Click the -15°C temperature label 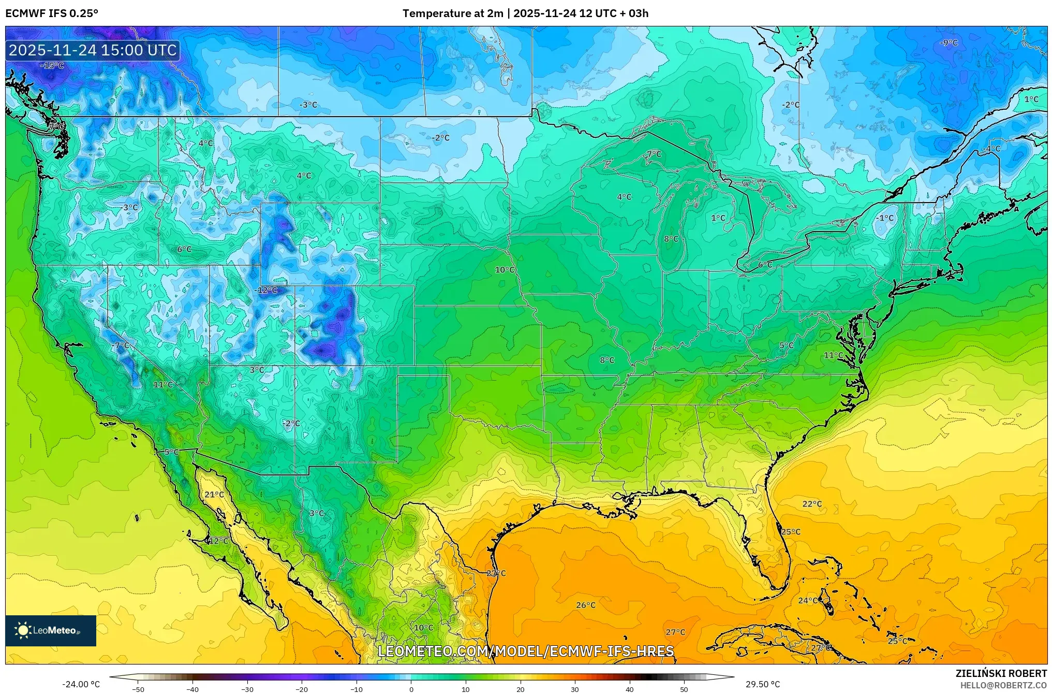coord(52,66)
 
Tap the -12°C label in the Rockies coord(266,290)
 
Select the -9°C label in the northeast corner coord(949,43)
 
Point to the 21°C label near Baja coord(214,495)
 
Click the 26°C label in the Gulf coord(586,605)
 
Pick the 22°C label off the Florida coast coord(812,504)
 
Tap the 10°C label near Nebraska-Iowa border coord(505,270)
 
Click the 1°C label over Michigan coord(718,218)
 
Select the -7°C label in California coord(121,345)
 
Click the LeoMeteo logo coord(51,630)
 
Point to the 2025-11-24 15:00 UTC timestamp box coord(93,50)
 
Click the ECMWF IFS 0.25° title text coord(52,13)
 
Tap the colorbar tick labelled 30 coord(575,689)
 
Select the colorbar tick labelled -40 coord(192,689)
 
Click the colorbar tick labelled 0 coord(411,689)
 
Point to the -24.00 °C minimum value coord(81,684)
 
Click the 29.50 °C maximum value coord(762,684)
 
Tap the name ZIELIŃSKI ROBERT coord(1001,673)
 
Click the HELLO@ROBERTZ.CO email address coord(1003,685)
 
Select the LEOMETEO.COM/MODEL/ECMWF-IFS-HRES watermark coord(526,651)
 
